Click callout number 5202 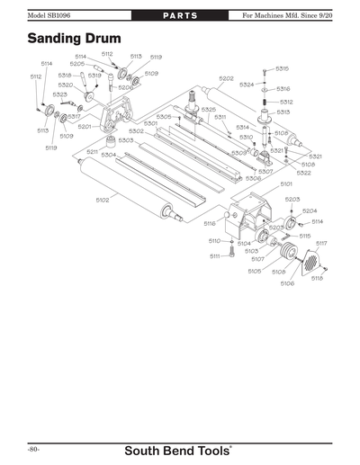(226, 78)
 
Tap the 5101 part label (286, 183)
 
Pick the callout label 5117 (321, 243)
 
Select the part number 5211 (93, 151)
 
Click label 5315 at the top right (283, 68)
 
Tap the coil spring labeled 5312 (265, 102)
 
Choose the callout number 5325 (208, 109)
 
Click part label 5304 (108, 155)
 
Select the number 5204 (310, 210)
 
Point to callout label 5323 (59, 94)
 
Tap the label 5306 (254, 178)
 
